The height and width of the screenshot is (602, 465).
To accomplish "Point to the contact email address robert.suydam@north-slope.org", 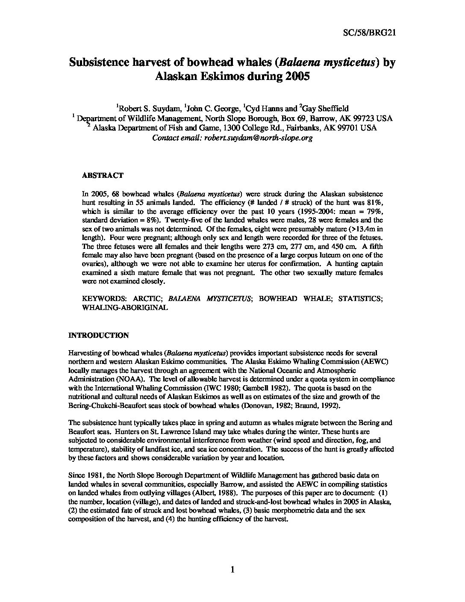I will click(x=259, y=138).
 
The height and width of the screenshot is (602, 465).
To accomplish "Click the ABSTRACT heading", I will click(x=103, y=175).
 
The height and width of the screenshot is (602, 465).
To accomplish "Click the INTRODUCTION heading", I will click(x=98, y=336).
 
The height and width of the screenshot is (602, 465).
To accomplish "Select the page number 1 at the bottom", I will click(x=232, y=569).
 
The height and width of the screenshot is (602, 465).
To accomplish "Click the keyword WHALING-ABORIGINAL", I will click(x=125, y=307).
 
